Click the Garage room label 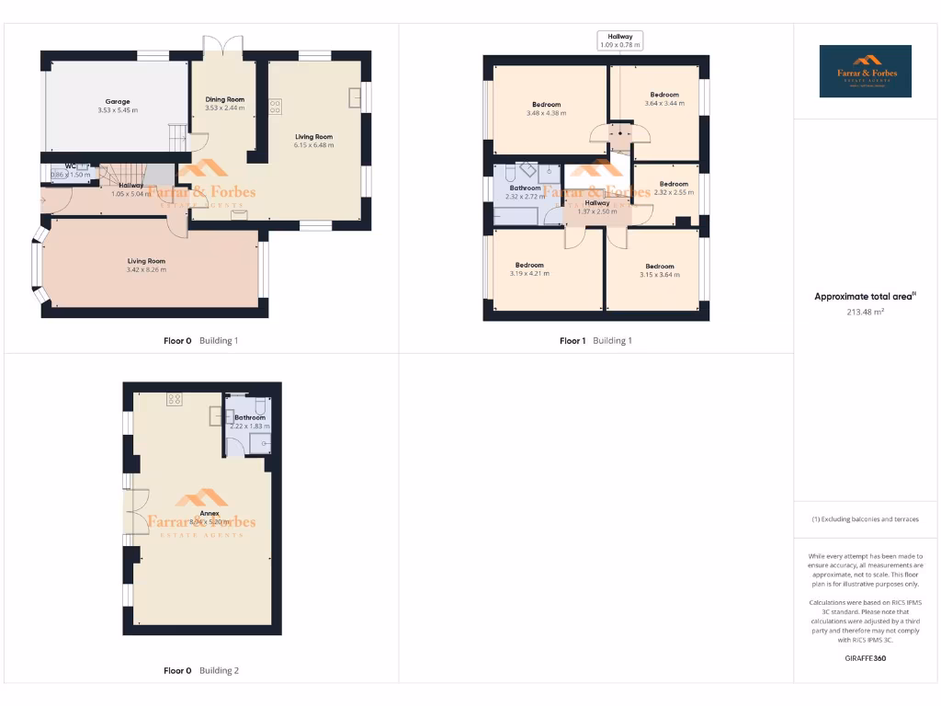click(x=117, y=102)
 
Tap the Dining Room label click(x=224, y=99)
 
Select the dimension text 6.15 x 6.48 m click(x=313, y=145)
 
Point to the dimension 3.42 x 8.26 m click(x=146, y=270)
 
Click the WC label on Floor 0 click(x=70, y=166)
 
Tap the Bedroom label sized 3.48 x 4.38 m click(x=546, y=105)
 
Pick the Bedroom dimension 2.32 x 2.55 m click(x=673, y=192)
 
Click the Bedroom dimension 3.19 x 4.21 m click(x=530, y=274)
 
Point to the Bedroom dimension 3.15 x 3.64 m click(x=659, y=274)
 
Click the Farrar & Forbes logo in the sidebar click(x=865, y=71)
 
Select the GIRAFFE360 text click(x=865, y=658)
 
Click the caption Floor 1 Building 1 click(x=595, y=341)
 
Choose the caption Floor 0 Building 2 click(x=200, y=671)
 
